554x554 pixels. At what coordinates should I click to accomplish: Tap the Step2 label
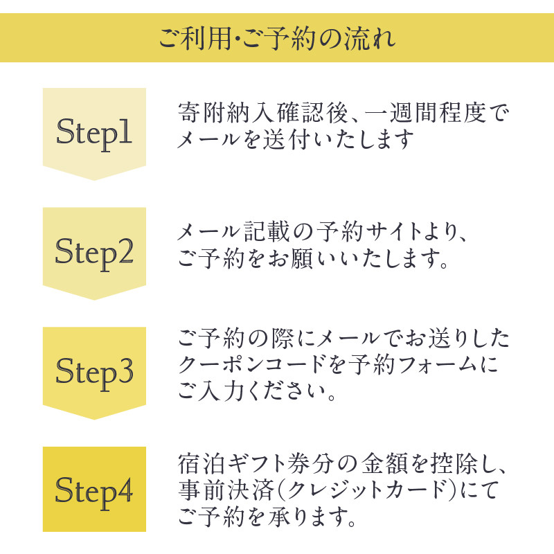point(94,253)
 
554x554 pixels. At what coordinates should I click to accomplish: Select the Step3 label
point(94,373)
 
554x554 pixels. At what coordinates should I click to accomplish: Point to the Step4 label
point(94,492)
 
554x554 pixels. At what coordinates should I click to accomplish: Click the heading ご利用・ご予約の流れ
point(277,36)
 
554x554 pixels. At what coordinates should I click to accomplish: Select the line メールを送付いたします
point(295,141)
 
